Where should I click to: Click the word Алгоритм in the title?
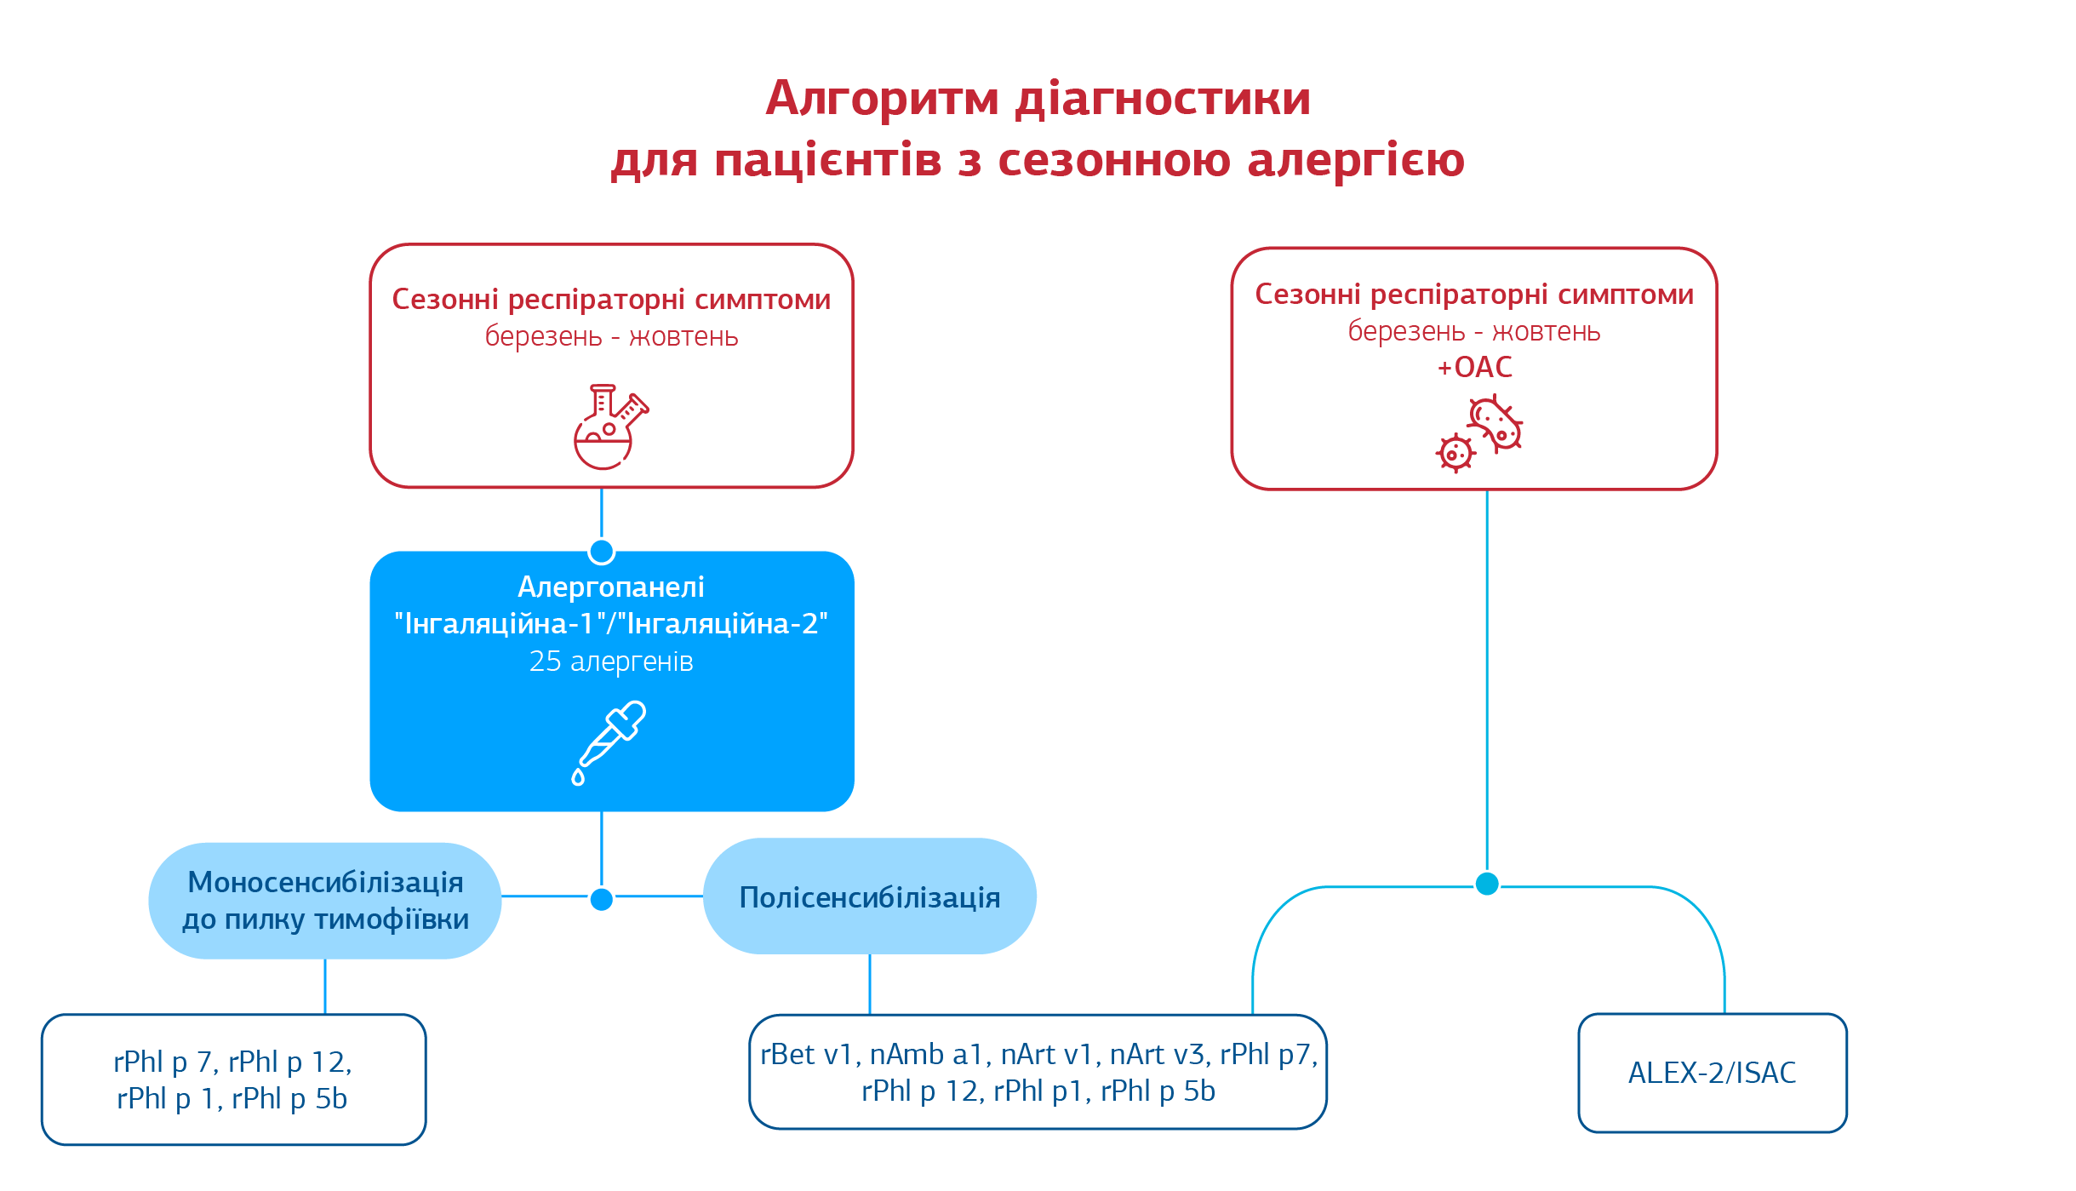[881, 99]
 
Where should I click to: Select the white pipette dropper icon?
[609, 742]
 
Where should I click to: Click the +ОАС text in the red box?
[1474, 368]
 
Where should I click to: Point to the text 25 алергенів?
[611, 661]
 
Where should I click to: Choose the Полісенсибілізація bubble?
[869, 897]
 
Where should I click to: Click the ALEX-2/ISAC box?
[1712, 1073]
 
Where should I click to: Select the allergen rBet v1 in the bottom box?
[805, 1055]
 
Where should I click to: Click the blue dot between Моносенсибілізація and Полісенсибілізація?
[602, 899]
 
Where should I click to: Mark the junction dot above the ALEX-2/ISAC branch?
[1487, 884]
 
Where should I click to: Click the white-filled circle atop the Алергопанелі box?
[602, 552]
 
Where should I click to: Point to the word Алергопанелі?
[611, 587]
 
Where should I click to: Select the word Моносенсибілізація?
[325, 883]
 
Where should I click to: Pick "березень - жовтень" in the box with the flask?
[611, 337]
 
